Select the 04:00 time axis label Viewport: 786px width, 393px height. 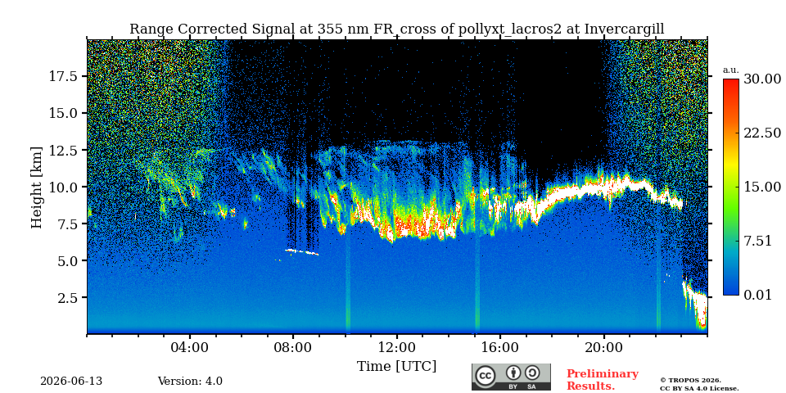190,347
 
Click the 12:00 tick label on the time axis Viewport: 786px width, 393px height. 397,347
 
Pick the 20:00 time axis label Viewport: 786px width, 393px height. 603,347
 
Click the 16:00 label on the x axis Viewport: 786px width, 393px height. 500,347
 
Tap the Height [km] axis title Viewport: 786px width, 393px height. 37,187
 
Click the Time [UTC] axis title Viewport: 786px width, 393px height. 396,366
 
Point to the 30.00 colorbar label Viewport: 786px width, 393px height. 761,79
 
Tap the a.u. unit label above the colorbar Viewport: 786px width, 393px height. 731,70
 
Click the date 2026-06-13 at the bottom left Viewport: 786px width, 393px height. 71,382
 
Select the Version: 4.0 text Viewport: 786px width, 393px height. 190,382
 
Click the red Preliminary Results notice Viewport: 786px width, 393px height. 603,380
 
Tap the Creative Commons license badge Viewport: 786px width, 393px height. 511,377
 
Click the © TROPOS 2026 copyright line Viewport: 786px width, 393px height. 690,381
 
